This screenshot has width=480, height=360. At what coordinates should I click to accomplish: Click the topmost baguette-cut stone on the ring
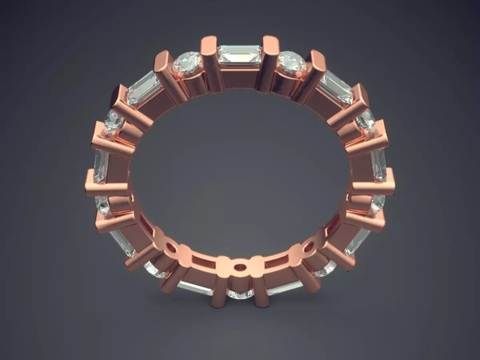240,55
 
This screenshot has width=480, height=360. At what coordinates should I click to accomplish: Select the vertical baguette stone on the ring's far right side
378,165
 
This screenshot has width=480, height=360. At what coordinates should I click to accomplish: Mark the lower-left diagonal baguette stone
122,242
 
